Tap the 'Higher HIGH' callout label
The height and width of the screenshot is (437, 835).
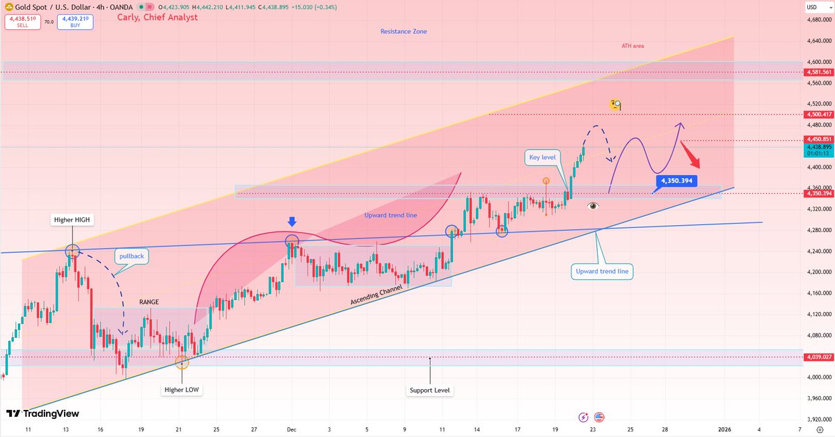[x=73, y=220]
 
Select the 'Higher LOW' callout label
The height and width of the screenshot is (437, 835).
[x=182, y=389]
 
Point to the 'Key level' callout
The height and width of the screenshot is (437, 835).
[x=543, y=158]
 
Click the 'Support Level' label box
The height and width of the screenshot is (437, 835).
[x=431, y=390]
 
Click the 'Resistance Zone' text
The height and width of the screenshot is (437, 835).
[x=404, y=31]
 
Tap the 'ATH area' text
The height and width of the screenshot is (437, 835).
[x=633, y=46]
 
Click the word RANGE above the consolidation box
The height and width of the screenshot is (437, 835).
[x=148, y=302]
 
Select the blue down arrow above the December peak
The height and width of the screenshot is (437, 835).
[x=292, y=222]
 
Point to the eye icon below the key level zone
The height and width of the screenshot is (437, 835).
[x=593, y=206]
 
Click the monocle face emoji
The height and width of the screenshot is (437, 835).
[x=615, y=105]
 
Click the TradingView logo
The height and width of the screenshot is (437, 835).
[x=43, y=413]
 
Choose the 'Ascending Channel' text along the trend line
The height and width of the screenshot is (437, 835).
[x=376, y=294]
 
